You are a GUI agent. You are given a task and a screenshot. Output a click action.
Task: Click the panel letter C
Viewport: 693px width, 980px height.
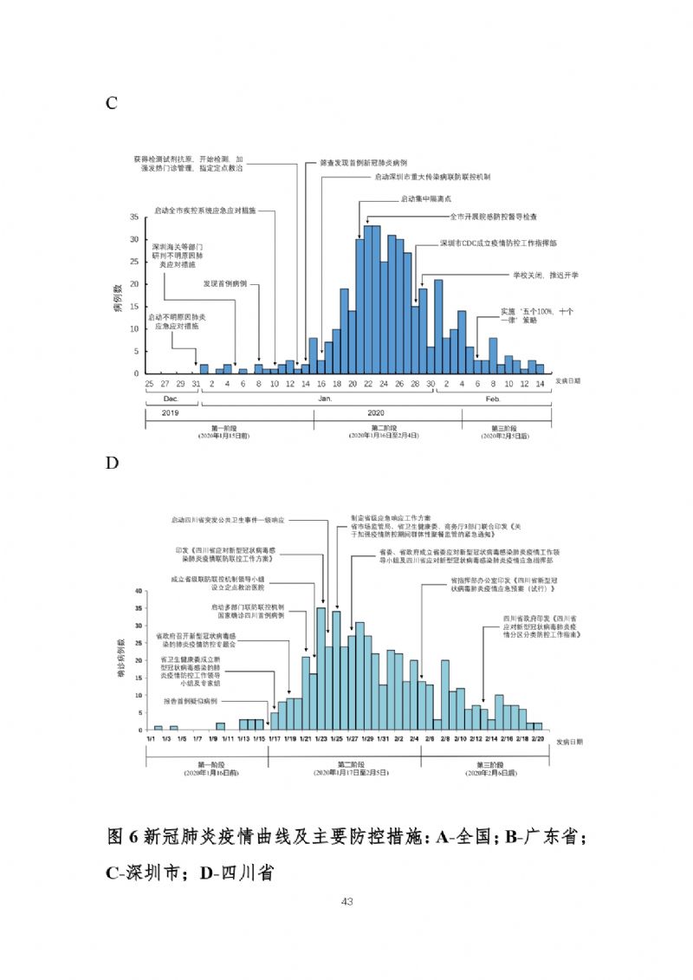pos(111,104)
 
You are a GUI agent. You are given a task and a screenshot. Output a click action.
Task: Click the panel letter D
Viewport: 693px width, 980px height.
pos(112,464)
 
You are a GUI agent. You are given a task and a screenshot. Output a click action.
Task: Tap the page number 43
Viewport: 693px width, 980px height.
pos(346,902)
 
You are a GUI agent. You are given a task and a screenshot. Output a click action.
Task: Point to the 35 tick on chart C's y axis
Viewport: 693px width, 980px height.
pos(133,217)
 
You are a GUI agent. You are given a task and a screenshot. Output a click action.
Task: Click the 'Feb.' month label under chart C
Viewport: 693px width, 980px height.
pos(492,397)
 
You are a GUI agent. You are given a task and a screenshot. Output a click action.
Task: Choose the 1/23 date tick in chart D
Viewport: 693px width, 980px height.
pos(321,737)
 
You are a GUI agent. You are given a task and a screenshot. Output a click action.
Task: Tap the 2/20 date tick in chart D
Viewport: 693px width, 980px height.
pos(537,737)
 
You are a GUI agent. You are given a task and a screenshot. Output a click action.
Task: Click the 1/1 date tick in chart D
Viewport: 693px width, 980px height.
pos(151,737)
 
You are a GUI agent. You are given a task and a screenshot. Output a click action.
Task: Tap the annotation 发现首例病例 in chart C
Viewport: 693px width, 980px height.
pos(225,283)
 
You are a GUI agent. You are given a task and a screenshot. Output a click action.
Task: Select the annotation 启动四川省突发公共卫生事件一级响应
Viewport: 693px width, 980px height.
pos(229,520)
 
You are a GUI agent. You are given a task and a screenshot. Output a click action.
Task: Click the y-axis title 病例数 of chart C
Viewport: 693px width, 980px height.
pos(119,295)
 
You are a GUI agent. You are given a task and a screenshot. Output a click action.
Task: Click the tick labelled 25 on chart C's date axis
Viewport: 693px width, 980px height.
pos(149,382)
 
